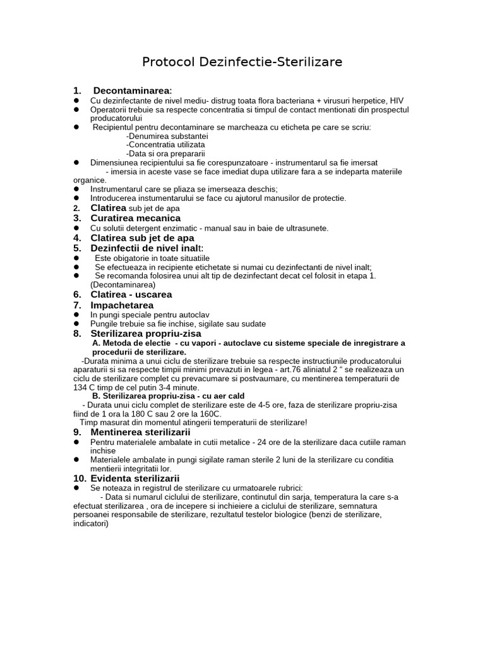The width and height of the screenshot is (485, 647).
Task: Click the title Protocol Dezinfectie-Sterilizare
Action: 242,62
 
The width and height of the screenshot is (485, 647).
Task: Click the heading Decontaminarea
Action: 131,90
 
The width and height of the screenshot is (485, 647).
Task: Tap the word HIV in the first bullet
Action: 397,100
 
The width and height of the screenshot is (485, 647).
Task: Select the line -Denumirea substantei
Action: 167,136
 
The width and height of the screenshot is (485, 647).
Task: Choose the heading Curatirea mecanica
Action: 135,218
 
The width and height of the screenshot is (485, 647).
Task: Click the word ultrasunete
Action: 306,228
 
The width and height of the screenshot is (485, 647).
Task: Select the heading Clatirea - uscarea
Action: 131,294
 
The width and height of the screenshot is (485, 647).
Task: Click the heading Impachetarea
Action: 122,305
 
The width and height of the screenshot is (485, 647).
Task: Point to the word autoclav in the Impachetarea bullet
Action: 195,315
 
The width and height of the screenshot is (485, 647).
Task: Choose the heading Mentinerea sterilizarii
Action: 140,432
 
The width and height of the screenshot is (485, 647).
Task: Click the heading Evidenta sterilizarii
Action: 135,478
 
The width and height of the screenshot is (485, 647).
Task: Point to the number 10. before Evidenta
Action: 80,478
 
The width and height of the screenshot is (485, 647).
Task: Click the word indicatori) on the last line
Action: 91,524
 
